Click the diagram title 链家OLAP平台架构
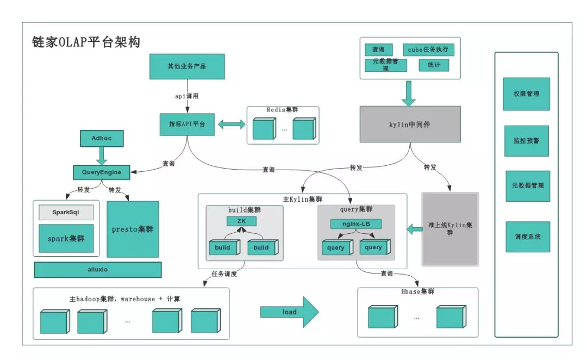tap(86, 42)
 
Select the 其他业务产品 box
tap(186, 67)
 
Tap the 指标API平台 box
tap(187, 125)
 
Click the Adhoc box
tap(102, 139)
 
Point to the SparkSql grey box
tap(66, 212)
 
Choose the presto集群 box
tap(133, 229)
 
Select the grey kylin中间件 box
tap(410, 125)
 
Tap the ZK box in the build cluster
tap(241, 221)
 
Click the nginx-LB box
tap(356, 224)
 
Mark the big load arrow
tap(289, 312)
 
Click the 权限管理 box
tap(527, 94)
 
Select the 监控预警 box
tap(527, 140)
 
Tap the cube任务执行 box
tap(428, 49)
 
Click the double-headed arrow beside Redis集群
tap(232, 125)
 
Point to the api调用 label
tap(186, 96)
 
